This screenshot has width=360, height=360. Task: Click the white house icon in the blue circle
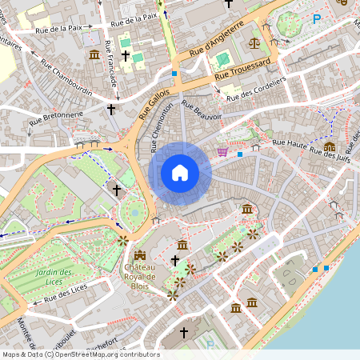(179, 173)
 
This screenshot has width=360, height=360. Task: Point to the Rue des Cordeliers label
(256, 90)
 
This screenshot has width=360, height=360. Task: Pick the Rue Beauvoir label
(202, 110)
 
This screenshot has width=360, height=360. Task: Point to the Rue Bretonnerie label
(57, 119)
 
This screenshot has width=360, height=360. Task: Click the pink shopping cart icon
(222, 151)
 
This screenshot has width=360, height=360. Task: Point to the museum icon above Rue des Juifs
(330, 146)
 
